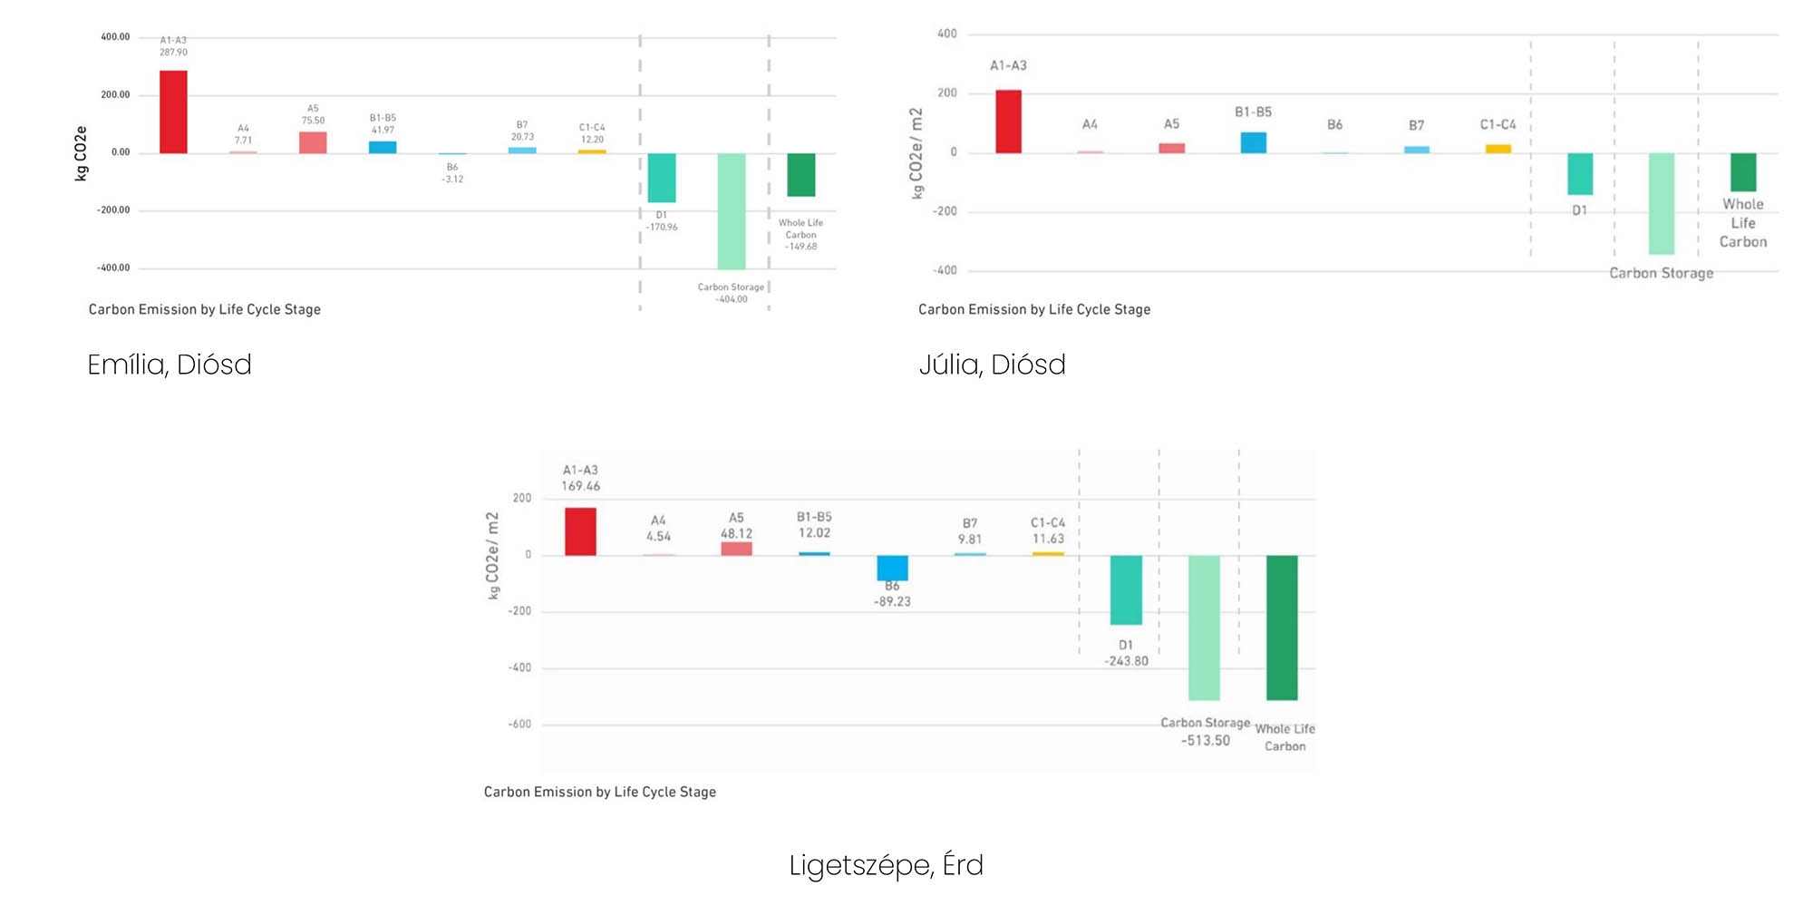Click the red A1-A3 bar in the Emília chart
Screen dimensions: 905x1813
coord(173,112)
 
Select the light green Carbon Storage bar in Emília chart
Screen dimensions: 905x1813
coord(732,210)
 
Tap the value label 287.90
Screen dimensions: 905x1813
coord(173,53)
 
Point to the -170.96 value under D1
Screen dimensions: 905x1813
coord(662,228)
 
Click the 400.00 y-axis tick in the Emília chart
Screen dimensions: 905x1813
coord(115,37)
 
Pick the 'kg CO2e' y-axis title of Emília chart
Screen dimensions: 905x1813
coord(81,153)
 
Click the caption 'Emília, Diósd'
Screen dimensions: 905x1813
coord(170,365)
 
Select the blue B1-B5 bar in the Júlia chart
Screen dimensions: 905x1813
coord(1253,142)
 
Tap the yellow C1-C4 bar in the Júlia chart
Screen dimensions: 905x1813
coord(1498,149)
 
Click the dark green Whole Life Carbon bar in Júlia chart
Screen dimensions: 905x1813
coord(1742,171)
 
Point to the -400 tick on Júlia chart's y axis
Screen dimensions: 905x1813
coord(945,270)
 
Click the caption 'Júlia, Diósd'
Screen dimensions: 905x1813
coord(992,365)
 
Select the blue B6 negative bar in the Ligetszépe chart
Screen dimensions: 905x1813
coord(892,568)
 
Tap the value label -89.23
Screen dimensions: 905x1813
coord(892,602)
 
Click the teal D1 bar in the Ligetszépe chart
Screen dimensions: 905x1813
coord(1126,589)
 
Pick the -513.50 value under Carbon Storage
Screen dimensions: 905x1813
coord(1205,741)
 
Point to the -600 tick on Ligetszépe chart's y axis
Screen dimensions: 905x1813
coord(519,725)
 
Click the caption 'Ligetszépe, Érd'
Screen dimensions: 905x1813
coord(886,865)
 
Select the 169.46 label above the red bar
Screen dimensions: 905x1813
coord(580,486)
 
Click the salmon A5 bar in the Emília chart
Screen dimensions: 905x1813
coord(313,142)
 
